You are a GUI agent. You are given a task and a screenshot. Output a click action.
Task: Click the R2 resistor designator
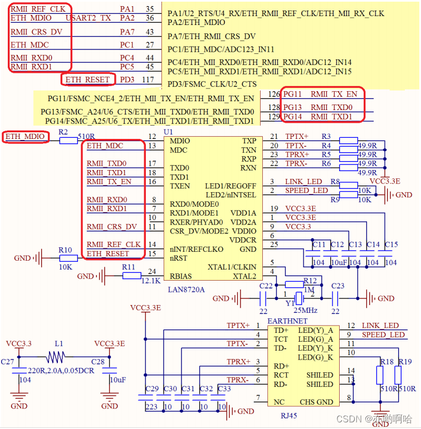point(63,132)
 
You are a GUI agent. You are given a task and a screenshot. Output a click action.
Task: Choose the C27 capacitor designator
point(7,362)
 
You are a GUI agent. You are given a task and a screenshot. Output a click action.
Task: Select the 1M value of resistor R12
point(309,290)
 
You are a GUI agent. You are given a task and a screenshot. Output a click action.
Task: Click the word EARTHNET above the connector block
point(287,322)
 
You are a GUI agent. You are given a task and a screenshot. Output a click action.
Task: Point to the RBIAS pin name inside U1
point(182,276)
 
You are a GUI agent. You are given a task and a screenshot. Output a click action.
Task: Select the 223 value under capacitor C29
point(151,407)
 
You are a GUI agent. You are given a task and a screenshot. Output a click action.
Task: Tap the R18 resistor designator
point(386,362)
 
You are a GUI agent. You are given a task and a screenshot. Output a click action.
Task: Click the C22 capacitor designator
point(266,286)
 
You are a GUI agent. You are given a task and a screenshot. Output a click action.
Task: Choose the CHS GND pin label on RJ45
point(316,402)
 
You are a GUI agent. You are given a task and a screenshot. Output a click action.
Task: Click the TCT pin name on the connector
point(281,338)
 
